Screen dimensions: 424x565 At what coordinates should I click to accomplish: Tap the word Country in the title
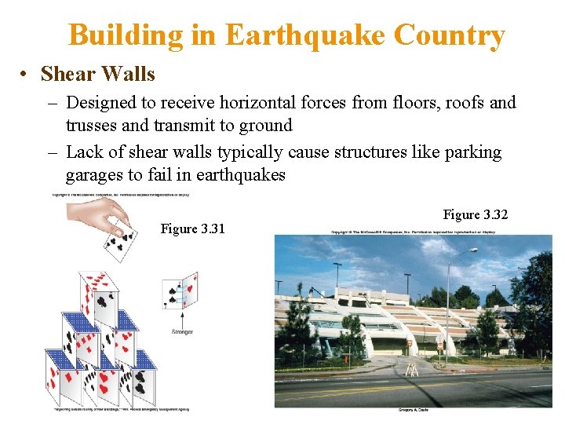449,35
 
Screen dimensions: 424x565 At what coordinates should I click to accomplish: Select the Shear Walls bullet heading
97,75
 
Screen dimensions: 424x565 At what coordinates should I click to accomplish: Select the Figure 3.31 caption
192,228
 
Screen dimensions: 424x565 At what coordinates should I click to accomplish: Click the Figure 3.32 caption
476,214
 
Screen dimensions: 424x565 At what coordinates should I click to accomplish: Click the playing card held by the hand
117,239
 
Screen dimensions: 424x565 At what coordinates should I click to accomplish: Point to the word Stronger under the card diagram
182,332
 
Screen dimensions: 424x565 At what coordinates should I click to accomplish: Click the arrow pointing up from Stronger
182,317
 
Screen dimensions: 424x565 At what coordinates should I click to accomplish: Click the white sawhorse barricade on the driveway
410,369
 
